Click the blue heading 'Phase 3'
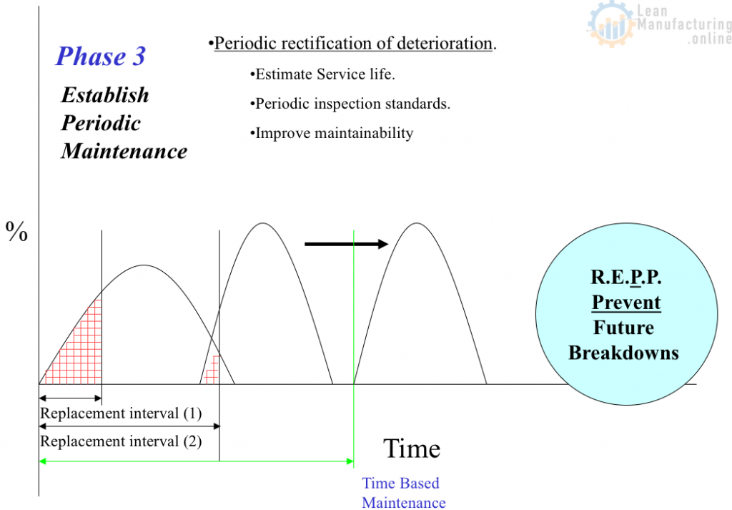tap(101, 57)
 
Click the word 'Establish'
tap(105, 95)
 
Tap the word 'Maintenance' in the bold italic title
tap(124, 151)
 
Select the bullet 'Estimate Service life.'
tap(322, 74)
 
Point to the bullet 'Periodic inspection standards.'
tap(350, 104)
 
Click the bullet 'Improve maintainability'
tap(332, 133)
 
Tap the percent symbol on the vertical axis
tap(16, 232)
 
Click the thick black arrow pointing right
tap(347, 244)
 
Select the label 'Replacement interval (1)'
tap(121, 413)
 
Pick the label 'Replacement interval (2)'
tap(121, 441)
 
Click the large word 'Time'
tap(412, 448)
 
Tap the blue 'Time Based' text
tap(400, 483)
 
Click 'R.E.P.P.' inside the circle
tap(626, 277)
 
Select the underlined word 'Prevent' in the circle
tap(626, 303)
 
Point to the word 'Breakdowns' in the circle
tap(623, 353)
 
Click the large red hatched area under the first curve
tap(79, 350)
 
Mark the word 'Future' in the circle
tap(623, 328)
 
